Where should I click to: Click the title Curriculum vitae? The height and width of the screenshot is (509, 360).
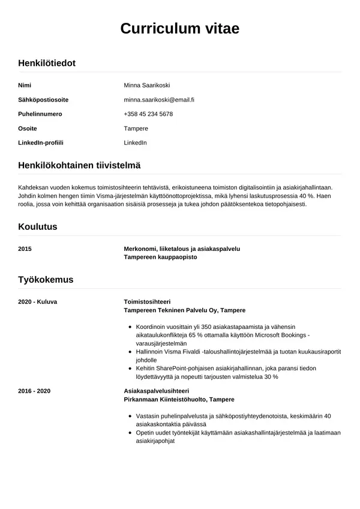pos(180,28)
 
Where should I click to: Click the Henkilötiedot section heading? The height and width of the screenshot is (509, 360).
pos(47,62)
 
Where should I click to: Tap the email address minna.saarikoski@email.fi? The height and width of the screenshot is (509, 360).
pos(159,100)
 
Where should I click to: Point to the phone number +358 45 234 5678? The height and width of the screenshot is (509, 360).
pos(148,114)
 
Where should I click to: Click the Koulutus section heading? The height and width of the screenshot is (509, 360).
pos(38,227)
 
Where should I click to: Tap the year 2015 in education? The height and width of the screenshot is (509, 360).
pos(25,248)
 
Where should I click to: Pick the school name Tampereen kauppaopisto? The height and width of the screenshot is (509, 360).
pos(160,257)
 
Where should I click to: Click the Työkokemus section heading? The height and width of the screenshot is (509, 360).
pos(46,280)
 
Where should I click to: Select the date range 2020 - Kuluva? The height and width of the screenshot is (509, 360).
pos(38,301)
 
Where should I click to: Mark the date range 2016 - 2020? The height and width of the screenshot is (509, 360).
pos(34,391)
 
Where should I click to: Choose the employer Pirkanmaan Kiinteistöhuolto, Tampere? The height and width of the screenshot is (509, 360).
pos(179,400)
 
